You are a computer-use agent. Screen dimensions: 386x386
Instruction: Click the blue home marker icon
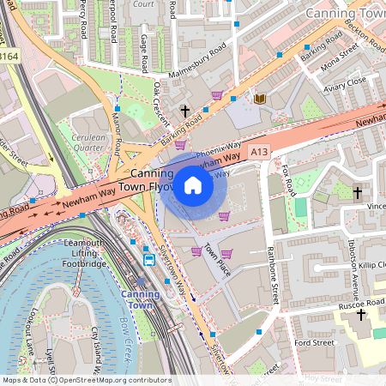(x=193, y=185)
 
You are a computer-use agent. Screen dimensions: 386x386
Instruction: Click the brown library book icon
(x=260, y=99)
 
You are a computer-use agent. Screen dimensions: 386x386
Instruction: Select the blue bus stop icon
(x=148, y=259)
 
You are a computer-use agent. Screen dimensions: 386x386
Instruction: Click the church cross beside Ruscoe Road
(x=361, y=315)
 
